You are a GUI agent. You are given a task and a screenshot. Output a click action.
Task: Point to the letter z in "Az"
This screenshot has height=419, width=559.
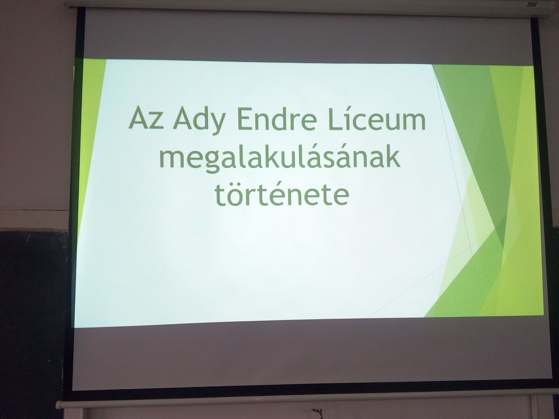coord(157,121)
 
